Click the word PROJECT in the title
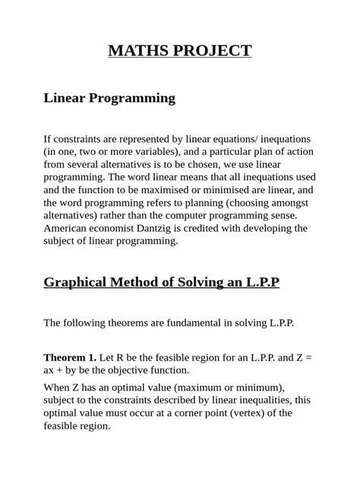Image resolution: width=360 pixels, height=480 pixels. (x=212, y=51)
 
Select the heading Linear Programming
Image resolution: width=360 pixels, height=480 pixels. (x=109, y=98)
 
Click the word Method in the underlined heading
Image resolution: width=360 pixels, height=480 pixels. (x=145, y=283)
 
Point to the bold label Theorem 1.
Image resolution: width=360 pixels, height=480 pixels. (x=70, y=358)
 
